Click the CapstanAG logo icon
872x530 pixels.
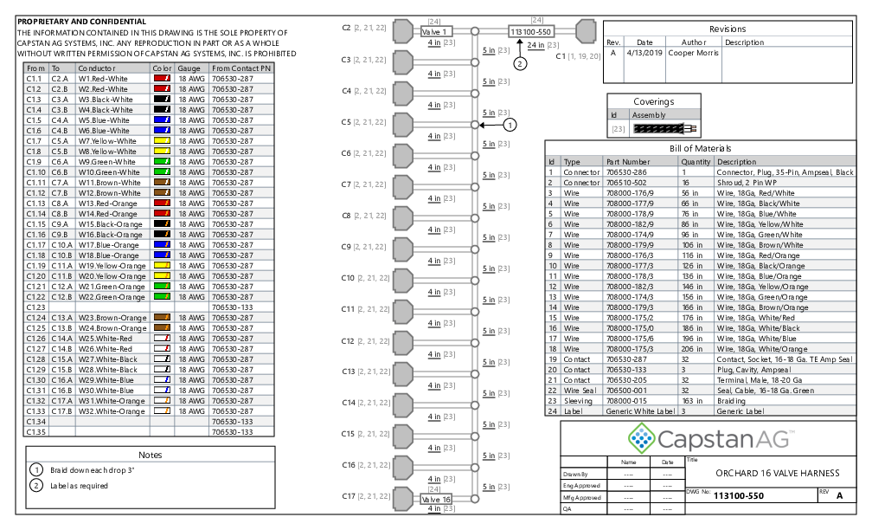pos(641,438)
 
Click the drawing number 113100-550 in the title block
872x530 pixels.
pos(739,495)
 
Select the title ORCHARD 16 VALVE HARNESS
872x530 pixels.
pos(778,473)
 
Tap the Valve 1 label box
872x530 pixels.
pos(437,32)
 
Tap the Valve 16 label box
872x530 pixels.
pos(437,500)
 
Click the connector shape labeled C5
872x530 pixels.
pos(403,124)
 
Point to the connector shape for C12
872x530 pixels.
pos(403,342)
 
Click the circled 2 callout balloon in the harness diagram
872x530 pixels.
pos(520,63)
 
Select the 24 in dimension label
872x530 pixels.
pos(535,45)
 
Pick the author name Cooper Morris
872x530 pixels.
pos(693,53)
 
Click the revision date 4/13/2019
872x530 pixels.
pos(644,53)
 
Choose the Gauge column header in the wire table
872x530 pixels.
pos(189,68)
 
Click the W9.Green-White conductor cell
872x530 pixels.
pos(106,162)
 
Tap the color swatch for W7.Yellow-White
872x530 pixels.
pos(162,141)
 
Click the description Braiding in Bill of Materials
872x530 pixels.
pos(731,401)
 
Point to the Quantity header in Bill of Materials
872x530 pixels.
pos(696,162)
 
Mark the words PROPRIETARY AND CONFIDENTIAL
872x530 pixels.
pos(81,22)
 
